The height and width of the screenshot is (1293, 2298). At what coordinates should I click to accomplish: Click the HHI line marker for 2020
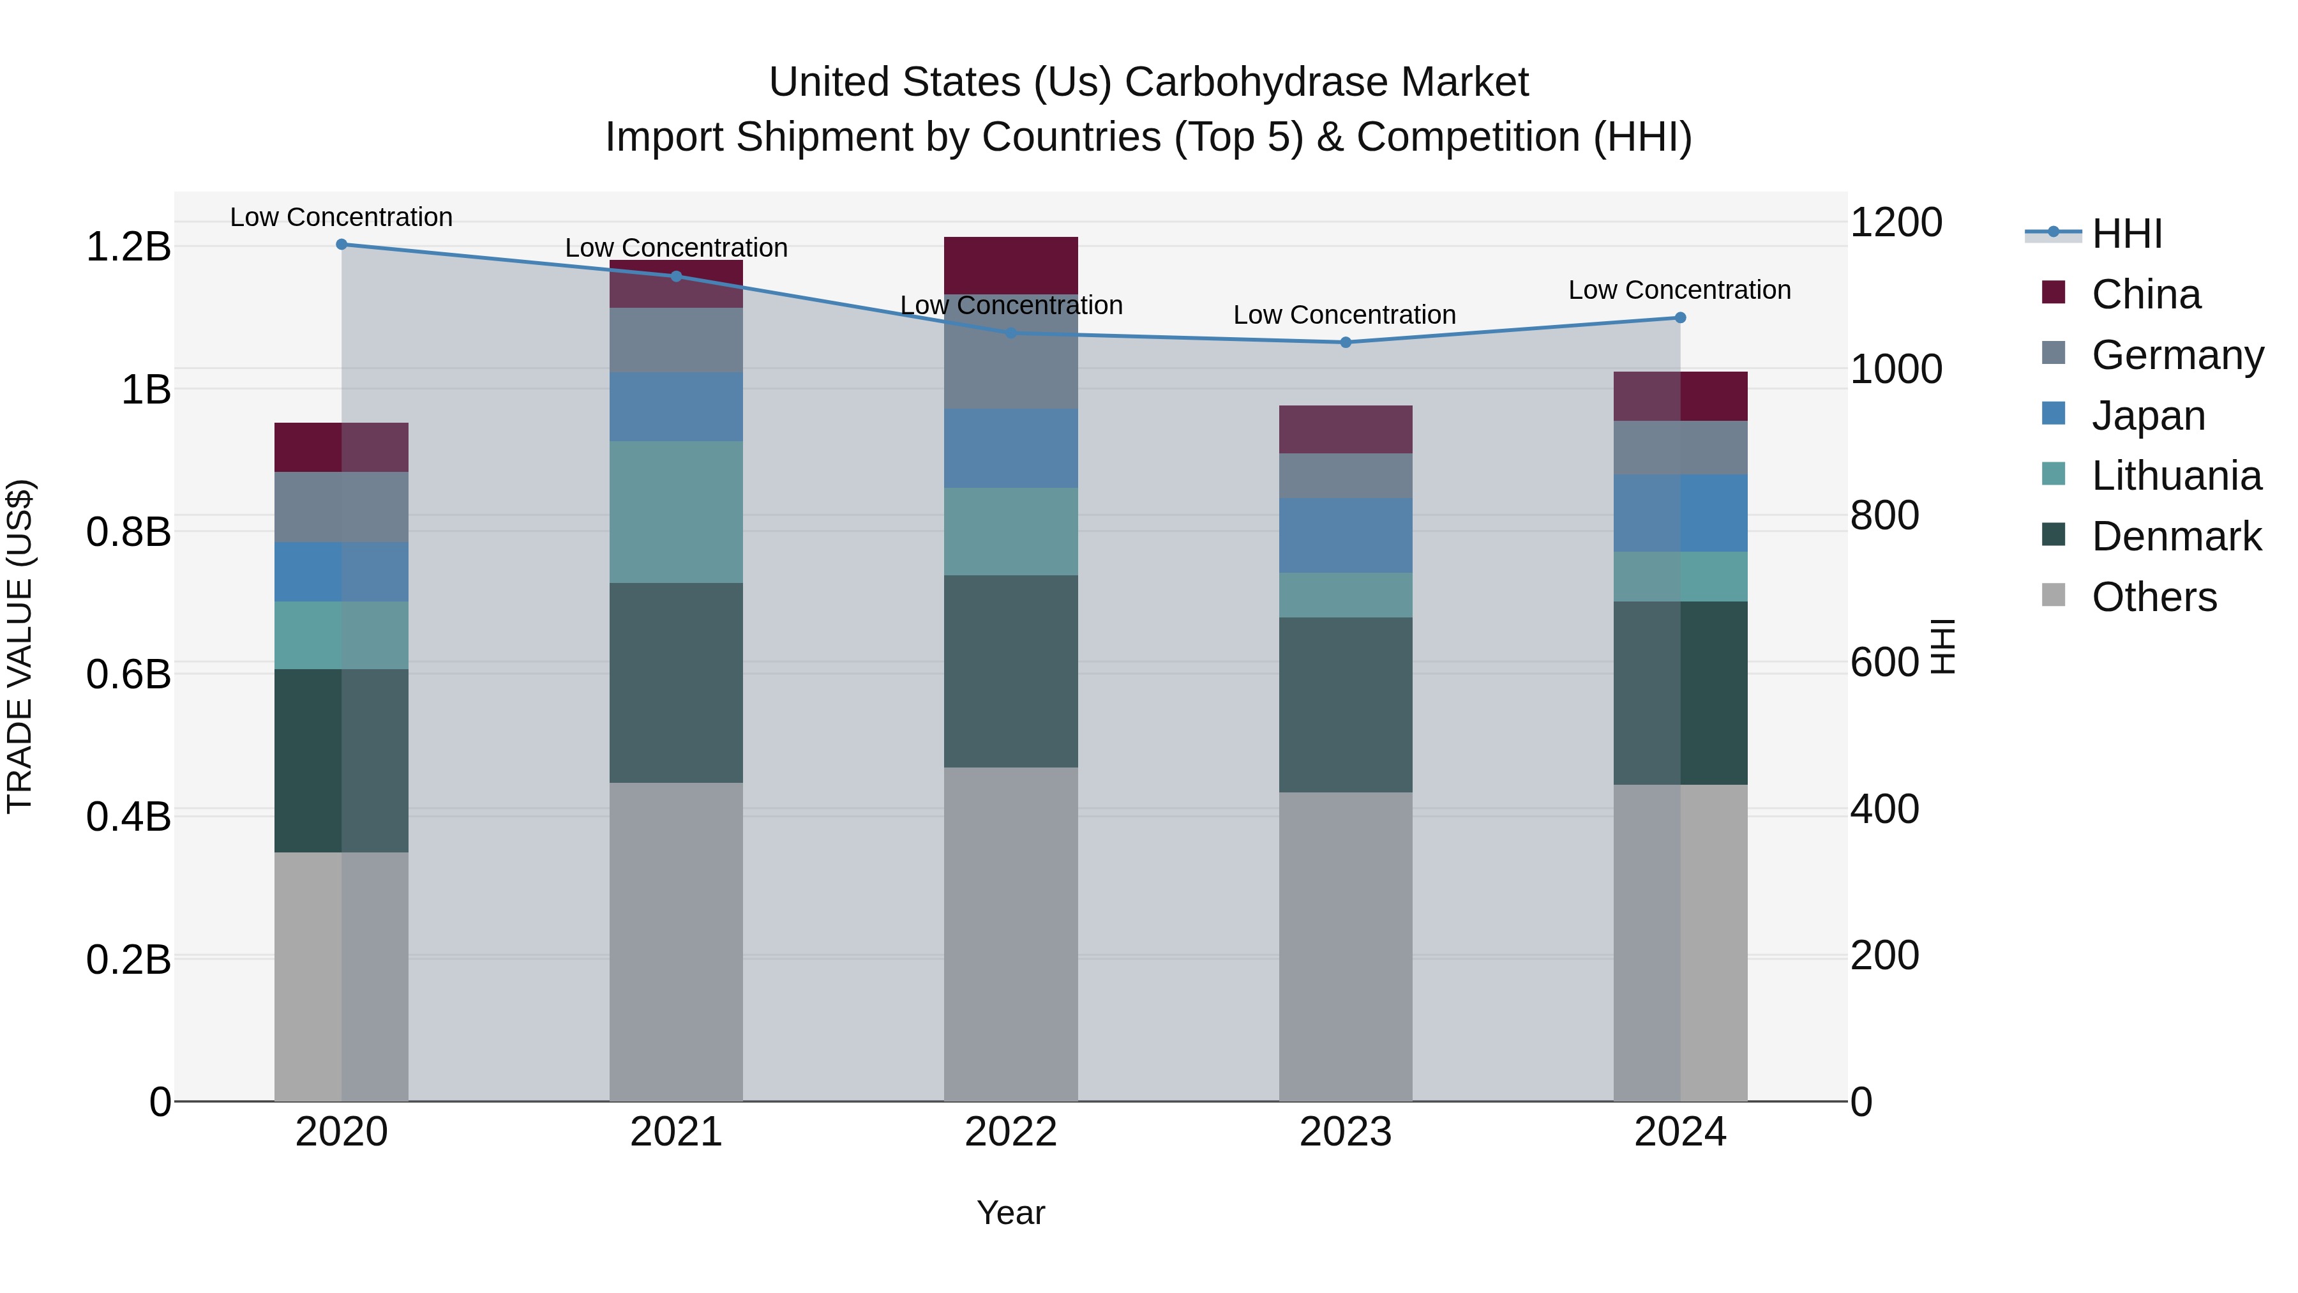coord(342,244)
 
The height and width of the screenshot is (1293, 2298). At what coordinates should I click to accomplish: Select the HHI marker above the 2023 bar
coord(1345,342)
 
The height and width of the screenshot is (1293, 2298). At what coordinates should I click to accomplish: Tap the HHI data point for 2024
coord(1680,318)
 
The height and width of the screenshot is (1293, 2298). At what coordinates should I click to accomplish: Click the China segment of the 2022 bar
coord(1010,265)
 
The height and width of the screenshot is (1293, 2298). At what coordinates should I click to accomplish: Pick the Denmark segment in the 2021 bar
coord(675,683)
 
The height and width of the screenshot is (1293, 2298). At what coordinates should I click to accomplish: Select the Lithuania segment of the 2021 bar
coord(675,511)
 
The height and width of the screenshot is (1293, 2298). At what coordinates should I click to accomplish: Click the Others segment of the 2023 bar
coord(1345,946)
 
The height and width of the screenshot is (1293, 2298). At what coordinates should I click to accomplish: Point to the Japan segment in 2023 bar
coord(1345,536)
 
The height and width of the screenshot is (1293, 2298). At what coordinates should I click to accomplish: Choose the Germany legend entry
coord(2177,355)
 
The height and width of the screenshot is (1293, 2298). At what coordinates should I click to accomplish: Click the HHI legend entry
coord(2127,234)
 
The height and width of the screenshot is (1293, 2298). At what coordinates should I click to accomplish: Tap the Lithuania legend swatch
coord(2054,474)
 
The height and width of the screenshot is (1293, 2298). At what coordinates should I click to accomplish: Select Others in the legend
coord(2154,597)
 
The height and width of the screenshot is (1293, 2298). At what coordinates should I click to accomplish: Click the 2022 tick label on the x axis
coord(1010,1132)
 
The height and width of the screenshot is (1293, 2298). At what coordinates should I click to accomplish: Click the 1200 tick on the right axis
coord(1896,222)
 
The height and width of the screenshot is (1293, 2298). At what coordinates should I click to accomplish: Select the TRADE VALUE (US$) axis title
coord(20,646)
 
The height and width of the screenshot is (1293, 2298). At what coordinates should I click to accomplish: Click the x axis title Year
coord(1010,1213)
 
